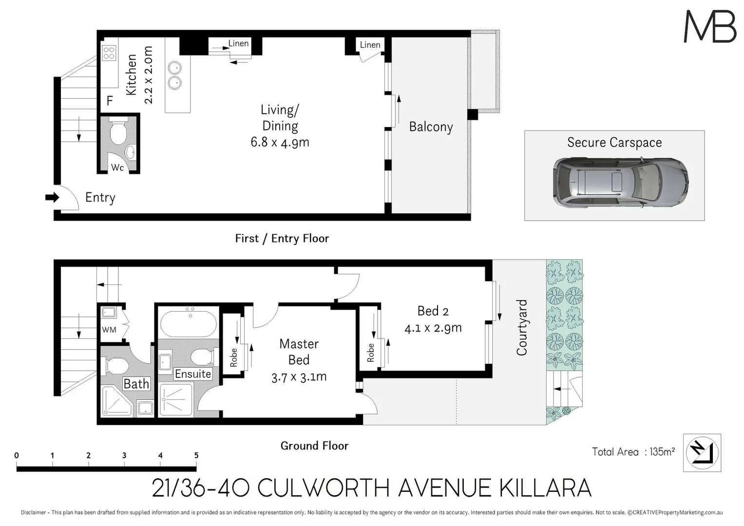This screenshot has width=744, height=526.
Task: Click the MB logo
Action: click(x=710, y=27)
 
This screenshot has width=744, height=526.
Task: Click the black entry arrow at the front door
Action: click(x=52, y=197)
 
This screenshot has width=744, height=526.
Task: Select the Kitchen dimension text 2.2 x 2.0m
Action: click(x=148, y=75)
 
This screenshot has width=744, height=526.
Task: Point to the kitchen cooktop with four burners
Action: click(x=109, y=53)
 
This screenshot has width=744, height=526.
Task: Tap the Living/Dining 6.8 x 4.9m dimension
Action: click(x=280, y=142)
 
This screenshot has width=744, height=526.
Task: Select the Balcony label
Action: click(x=431, y=127)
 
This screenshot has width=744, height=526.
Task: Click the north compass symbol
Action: click(x=702, y=452)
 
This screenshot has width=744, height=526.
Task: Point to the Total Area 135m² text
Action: click(x=633, y=452)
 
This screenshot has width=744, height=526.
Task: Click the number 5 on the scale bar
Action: click(x=196, y=455)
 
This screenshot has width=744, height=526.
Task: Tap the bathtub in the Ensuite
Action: click(x=188, y=324)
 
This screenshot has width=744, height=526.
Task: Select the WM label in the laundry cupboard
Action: click(x=109, y=330)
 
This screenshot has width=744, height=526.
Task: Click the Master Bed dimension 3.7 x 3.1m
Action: click(x=299, y=377)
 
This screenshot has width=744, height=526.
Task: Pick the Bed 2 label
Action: click(x=433, y=311)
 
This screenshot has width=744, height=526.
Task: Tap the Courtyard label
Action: click(x=522, y=327)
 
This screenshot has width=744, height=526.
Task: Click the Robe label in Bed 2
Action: click(x=371, y=353)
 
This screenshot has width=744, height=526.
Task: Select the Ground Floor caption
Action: click(x=314, y=446)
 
